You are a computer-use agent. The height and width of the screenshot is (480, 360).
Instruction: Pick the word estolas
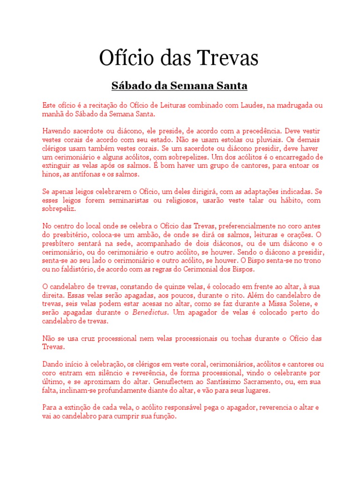[232, 139]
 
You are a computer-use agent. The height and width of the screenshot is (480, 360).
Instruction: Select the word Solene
[296, 304]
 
